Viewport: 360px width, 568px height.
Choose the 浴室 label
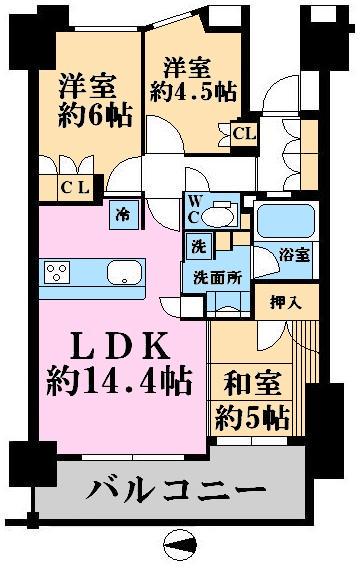294,255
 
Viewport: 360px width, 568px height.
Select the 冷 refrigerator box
122,212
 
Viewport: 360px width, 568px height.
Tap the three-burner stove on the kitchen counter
56,271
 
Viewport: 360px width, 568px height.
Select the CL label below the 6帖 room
73,186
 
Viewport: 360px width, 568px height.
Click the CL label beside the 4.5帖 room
242,131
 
